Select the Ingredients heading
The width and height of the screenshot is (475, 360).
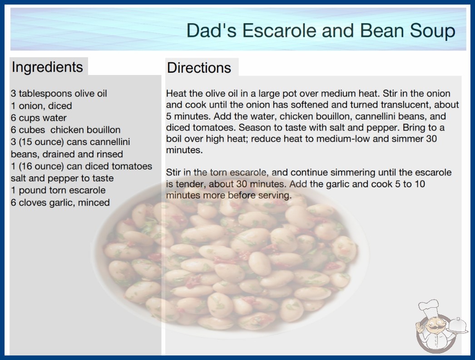[47, 67]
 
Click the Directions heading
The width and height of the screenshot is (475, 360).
[199, 68]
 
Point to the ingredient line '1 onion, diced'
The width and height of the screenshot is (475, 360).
[41, 106]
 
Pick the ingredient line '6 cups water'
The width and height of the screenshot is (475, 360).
[39, 118]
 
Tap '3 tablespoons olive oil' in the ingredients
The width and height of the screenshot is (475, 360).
[59, 94]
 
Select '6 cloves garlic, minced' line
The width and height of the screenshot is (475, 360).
[60, 203]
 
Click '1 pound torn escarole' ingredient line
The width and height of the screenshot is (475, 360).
[58, 190]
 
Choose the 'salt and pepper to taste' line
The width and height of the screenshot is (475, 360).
[62, 178]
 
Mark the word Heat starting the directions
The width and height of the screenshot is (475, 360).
[176, 94]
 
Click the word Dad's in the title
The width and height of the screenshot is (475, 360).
[211, 30]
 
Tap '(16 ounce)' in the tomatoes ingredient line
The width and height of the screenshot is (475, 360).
[41, 166]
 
